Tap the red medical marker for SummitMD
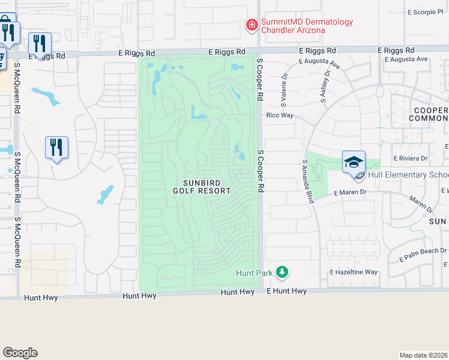coord(252,25)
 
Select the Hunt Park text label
coord(253,273)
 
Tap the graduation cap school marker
coord(354,161)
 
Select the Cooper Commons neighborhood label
coord(429,115)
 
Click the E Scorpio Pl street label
coord(424,11)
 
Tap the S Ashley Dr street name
coord(326,88)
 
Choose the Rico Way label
coord(279,115)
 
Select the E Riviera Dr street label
coord(410,158)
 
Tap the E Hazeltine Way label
coord(354,272)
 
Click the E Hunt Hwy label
coord(286,291)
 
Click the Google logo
coord(20,353)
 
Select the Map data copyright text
coord(423,355)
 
